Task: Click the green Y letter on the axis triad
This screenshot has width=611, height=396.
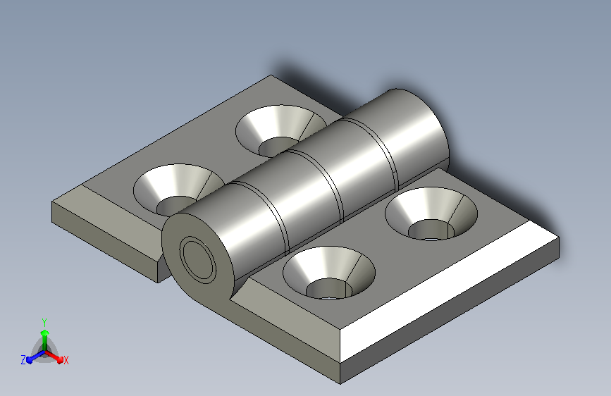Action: pyautogui.click(x=44, y=322)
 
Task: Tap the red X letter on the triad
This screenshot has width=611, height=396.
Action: pyautogui.click(x=66, y=360)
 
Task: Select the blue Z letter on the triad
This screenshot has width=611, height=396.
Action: pyautogui.click(x=23, y=360)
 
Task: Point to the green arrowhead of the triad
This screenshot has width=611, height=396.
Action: pyautogui.click(x=45, y=333)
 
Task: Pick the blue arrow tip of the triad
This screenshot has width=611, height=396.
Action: pyautogui.click(x=30, y=359)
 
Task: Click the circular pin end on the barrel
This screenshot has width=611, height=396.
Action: pyautogui.click(x=198, y=259)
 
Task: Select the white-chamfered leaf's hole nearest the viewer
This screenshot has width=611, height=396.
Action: pyautogui.click(x=329, y=273)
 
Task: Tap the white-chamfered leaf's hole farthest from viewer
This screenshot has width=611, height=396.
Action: pyautogui.click(x=431, y=214)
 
